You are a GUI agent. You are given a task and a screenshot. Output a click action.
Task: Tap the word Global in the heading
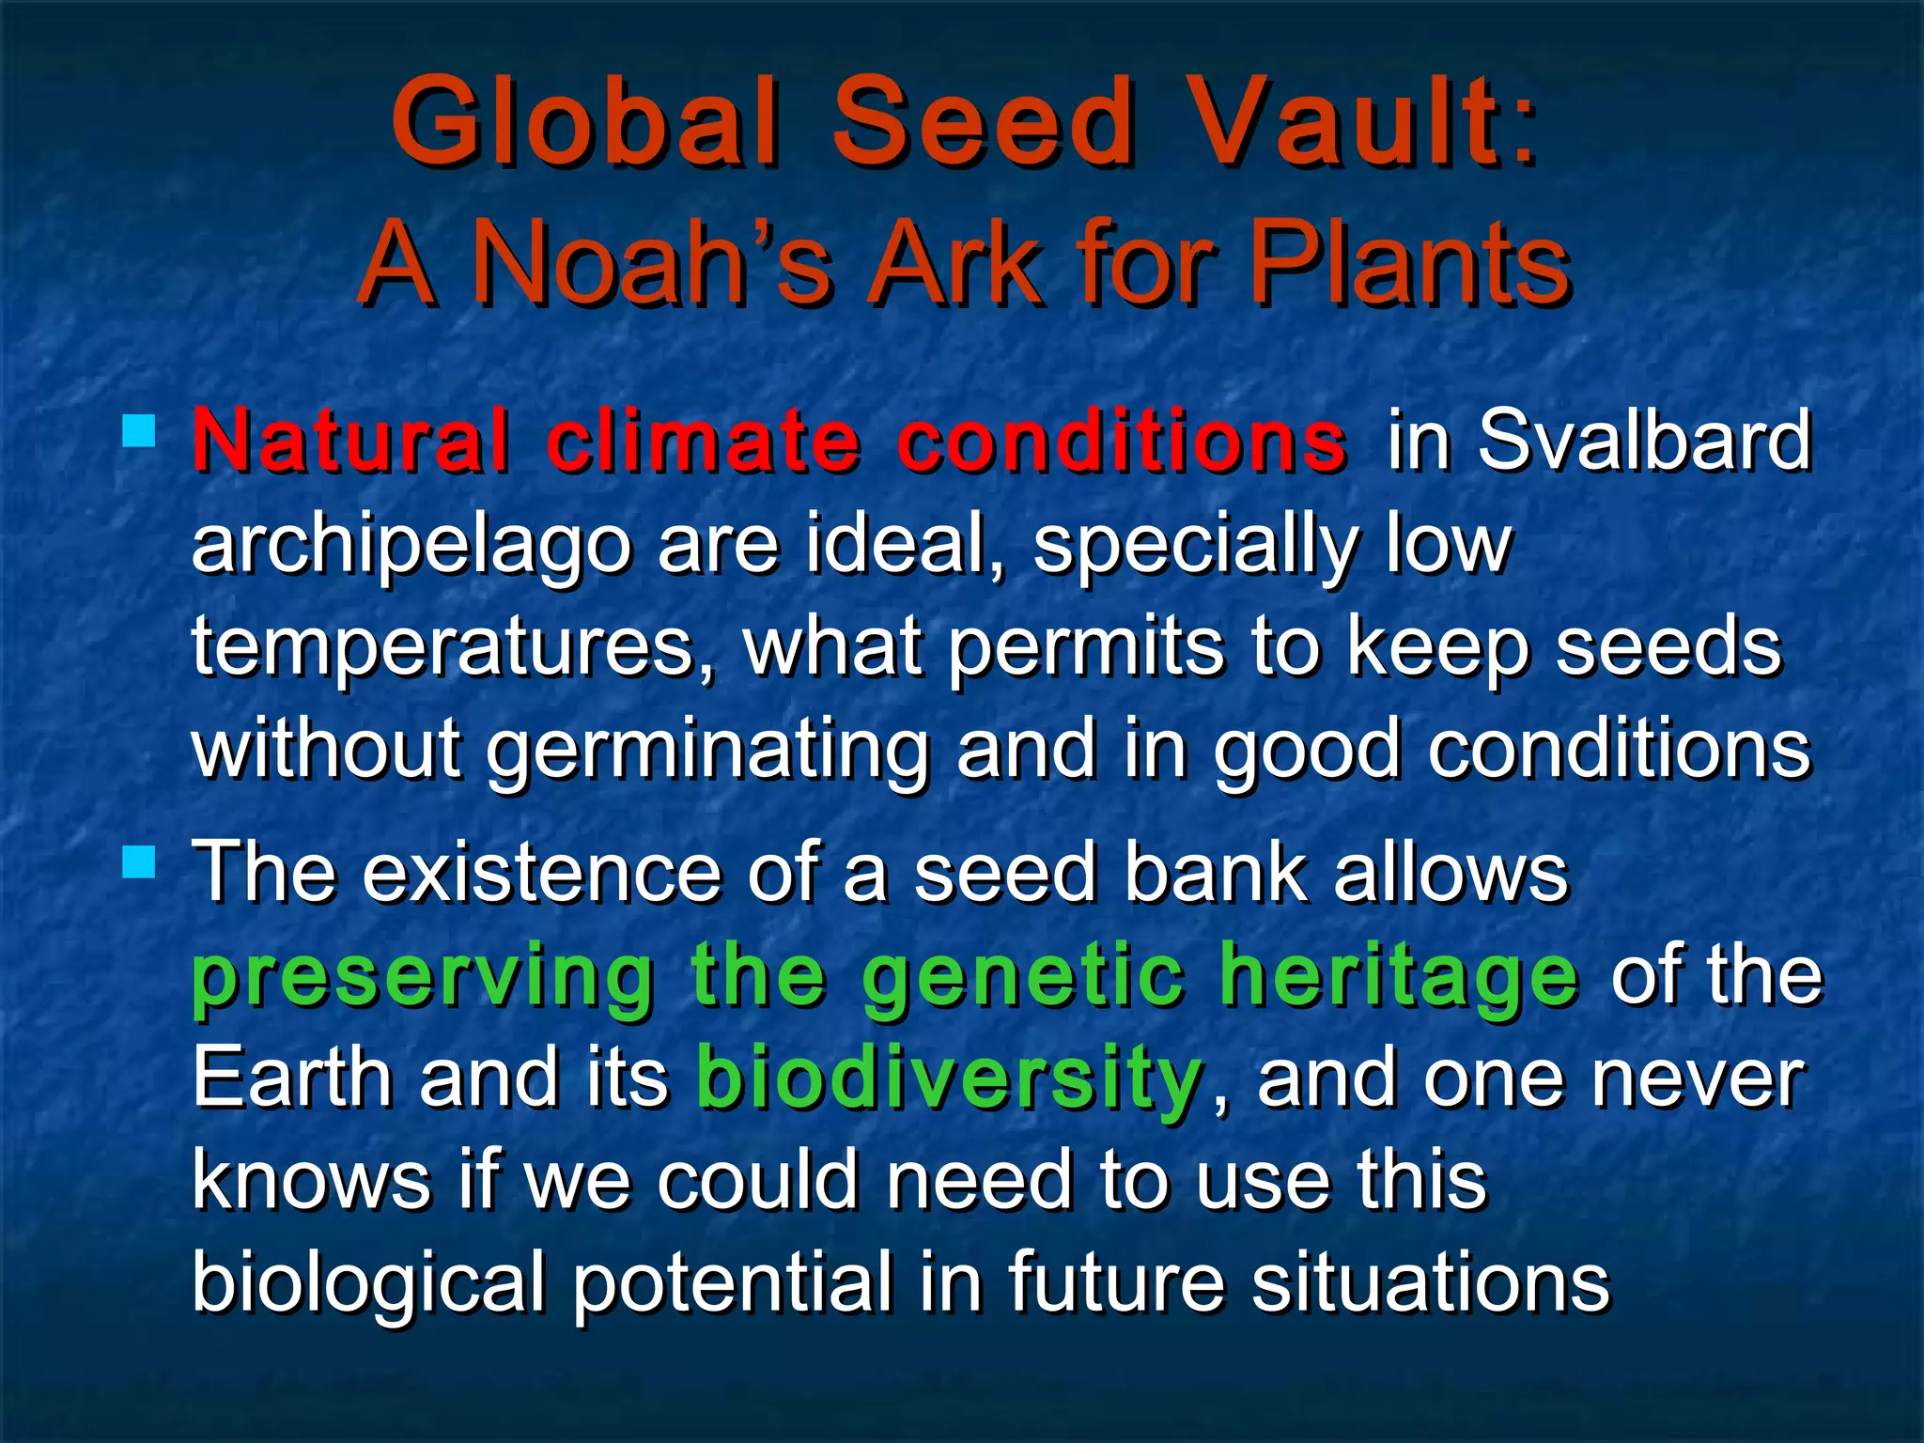584,122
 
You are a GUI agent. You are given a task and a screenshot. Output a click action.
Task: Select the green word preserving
424,977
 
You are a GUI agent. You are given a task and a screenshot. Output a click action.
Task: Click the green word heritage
1400,977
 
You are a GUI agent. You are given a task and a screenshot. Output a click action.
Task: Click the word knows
311,1180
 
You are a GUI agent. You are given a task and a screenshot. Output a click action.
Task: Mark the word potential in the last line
732,1283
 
